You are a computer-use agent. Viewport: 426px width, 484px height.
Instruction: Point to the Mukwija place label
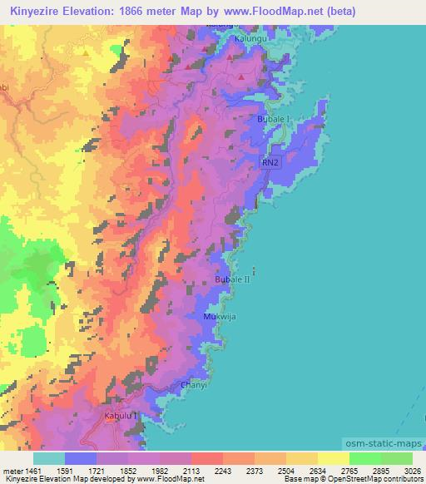click(220, 318)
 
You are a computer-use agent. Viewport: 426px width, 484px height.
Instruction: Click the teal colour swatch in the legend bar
click(48, 457)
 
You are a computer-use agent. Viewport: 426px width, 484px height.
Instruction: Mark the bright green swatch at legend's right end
click(396, 457)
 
